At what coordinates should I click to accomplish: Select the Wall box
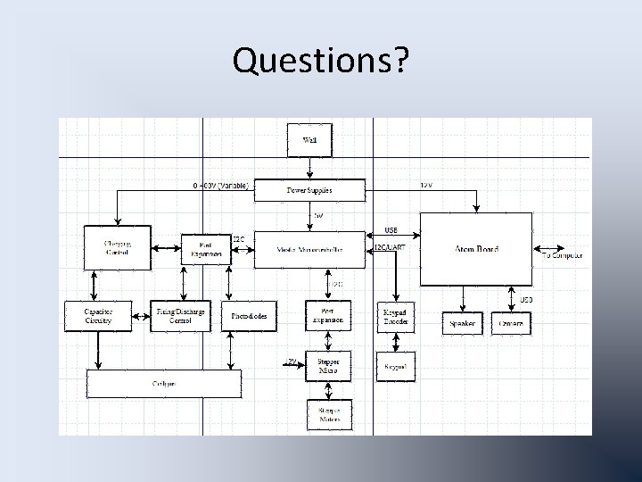click(x=309, y=140)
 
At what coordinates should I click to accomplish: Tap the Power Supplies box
click(x=309, y=190)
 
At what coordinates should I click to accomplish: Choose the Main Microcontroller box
click(x=310, y=251)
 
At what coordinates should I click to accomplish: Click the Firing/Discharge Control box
click(x=180, y=315)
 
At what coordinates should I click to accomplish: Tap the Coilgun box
click(x=163, y=384)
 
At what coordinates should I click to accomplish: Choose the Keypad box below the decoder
click(x=395, y=366)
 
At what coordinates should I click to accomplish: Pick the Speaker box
click(x=462, y=322)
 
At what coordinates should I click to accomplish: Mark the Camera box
click(x=511, y=322)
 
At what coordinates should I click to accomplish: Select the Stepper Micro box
click(x=328, y=365)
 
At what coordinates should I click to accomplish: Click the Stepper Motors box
click(x=328, y=415)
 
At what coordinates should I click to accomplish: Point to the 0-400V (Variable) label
click(x=221, y=186)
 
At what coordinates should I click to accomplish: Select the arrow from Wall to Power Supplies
click(x=309, y=168)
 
